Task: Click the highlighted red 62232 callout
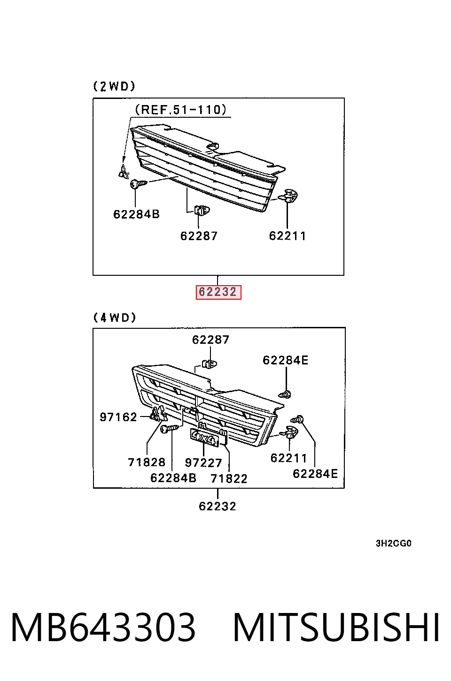218,292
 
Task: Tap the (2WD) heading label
114,87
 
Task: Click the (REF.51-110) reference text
181,110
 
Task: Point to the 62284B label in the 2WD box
136,214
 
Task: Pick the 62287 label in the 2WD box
199,236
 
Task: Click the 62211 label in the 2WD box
288,236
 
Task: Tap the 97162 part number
118,417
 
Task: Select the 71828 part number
147,462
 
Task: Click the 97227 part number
203,463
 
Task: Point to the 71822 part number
229,479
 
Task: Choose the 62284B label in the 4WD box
173,478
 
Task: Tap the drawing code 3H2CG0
394,543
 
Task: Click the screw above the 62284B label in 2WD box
139,184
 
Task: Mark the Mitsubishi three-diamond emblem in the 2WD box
124,172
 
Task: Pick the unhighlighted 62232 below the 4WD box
218,507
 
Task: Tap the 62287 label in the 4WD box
211,340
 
